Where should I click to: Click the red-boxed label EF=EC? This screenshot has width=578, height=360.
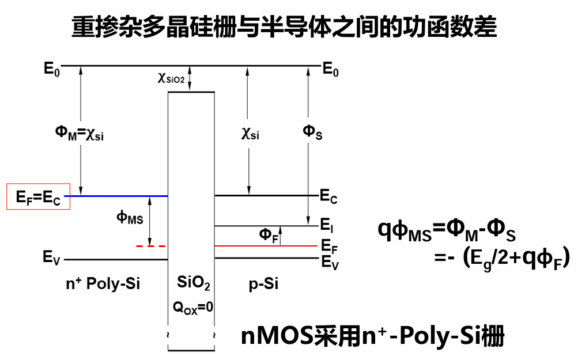[38, 198]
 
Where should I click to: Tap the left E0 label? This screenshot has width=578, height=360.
[51, 69]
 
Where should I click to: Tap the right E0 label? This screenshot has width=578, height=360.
[330, 69]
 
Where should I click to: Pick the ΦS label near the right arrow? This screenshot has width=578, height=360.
[312, 132]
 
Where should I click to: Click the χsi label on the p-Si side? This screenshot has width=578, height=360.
[250, 135]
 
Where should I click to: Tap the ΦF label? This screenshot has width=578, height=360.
[267, 234]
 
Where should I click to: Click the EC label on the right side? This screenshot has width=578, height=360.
[328, 196]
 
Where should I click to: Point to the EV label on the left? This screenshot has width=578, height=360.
[51, 258]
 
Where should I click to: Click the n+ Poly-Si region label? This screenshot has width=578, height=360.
[103, 284]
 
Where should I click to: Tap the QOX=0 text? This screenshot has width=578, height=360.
[193, 308]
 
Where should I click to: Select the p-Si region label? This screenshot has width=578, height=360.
[263, 284]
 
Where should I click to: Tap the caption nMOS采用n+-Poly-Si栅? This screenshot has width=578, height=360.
[373, 336]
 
